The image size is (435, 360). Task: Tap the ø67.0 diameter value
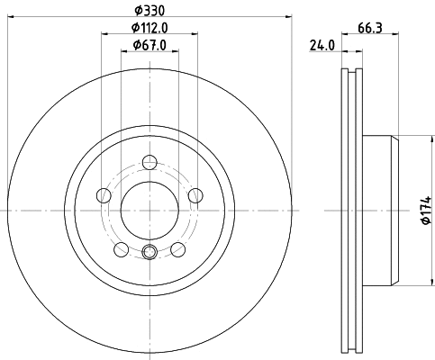[x=150, y=45]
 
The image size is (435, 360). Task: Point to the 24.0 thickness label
[x=322, y=45]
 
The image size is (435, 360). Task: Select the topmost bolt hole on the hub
[x=150, y=163]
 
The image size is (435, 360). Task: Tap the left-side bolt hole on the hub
[x=104, y=195]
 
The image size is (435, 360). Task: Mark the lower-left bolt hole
[x=122, y=248]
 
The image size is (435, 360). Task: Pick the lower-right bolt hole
[x=177, y=248]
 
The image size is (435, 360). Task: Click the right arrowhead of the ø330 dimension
[x=290, y=16]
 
